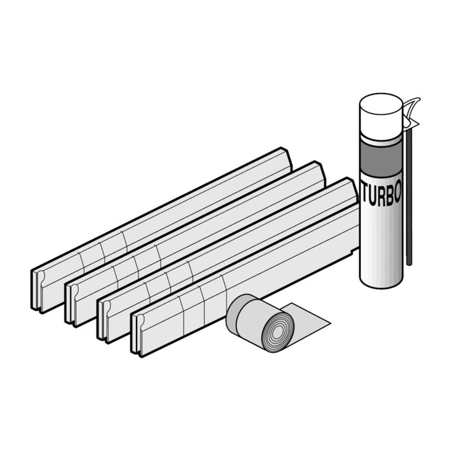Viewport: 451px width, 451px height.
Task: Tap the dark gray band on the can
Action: click(381, 157)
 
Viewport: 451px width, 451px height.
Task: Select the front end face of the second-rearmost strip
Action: click(72, 302)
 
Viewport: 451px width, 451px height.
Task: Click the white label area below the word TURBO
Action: click(380, 238)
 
